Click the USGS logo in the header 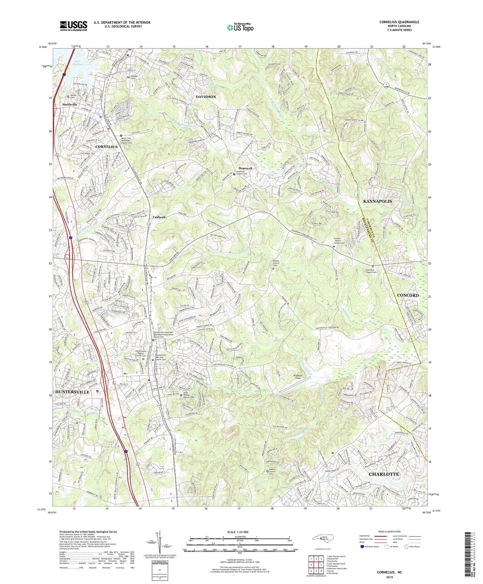74,26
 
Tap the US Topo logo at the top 240,27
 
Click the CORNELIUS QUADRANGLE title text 399,22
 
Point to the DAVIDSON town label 206,97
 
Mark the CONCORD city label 408,295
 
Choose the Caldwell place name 159,217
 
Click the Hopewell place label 245,168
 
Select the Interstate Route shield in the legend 363,547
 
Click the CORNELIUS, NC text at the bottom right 389,572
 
